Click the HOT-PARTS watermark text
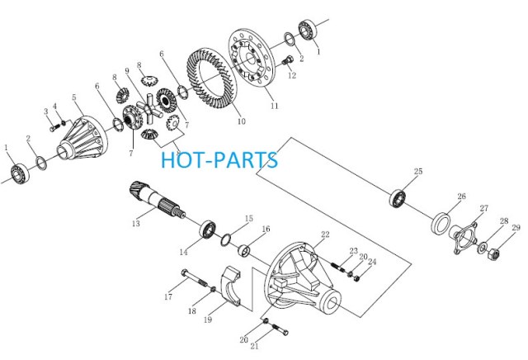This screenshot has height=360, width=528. click(219, 160)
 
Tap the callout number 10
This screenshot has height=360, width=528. click(242, 121)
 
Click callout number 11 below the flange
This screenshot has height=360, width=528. click(275, 106)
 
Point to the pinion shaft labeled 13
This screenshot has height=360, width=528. click(157, 200)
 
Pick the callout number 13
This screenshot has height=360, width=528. click(136, 224)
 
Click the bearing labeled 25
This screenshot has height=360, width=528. click(398, 198)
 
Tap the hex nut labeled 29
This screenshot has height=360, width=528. click(493, 253)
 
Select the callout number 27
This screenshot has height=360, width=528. click(484, 208)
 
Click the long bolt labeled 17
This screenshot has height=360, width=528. click(195, 277)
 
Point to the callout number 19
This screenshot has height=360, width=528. click(208, 320)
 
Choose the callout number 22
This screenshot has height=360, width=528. click(325, 234)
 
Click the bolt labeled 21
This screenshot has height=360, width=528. click(279, 329)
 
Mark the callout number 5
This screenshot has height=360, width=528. click(74, 97)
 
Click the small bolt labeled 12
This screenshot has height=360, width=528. click(287, 63)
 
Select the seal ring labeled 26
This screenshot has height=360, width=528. click(441, 223)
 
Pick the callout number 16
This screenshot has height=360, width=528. click(266, 229)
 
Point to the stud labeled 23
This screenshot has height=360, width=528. click(338, 267)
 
